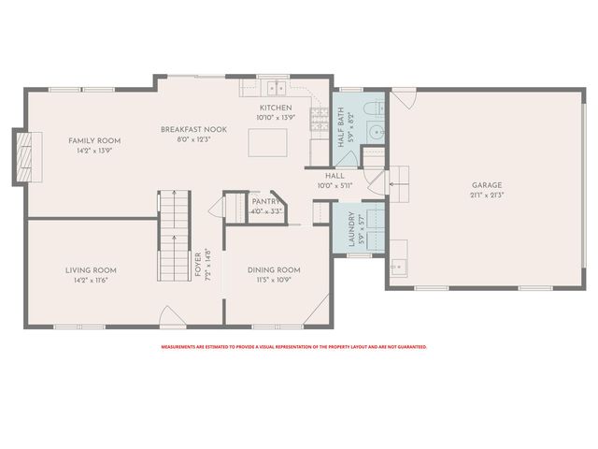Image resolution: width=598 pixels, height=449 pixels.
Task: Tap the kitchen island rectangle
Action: [x=266, y=143]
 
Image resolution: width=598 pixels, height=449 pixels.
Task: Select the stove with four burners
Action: [x=318, y=119]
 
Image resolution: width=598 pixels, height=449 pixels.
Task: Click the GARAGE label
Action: [x=487, y=185]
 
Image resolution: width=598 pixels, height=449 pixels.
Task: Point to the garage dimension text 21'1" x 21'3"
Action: [x=487, y=196]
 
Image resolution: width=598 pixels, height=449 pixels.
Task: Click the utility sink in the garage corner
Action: [x=398, y=267]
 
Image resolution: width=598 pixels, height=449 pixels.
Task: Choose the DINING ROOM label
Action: [x=273, y=269]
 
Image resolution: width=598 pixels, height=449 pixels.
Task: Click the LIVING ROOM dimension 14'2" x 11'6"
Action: [x=91, y=281]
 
